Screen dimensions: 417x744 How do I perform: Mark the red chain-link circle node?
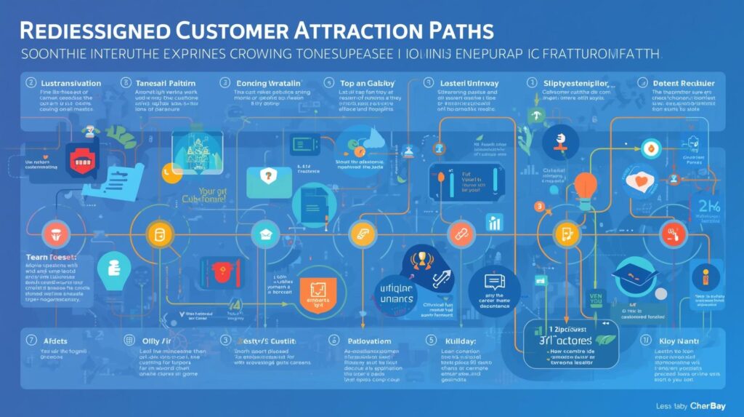click(x=459, y=234)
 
